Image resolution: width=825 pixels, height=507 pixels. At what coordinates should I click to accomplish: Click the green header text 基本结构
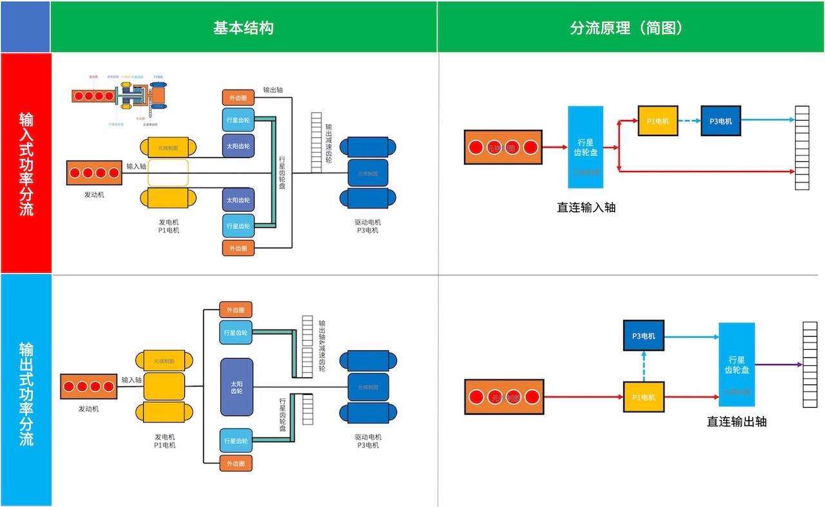pyautogui.click(x=243, y=28)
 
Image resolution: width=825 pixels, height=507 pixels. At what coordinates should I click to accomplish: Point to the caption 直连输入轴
pyautogui.click(x=586, y=208)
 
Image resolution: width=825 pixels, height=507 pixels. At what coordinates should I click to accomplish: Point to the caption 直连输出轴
pyautogui.click(x=737, y=422)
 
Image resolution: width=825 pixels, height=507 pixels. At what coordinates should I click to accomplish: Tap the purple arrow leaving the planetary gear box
pyautogui.click(x=778, y=364)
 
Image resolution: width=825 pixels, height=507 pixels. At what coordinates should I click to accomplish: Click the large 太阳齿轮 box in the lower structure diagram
pyautogui.click(x=237, y=387)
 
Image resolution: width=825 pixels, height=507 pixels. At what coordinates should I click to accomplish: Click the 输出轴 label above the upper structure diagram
pyautogui.click(x=273, y=90)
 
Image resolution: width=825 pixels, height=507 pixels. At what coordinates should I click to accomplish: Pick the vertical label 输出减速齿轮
pyautogui.click(x=329, y=143)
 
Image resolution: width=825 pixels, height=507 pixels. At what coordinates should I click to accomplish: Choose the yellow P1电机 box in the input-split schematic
pyautogui.click(x=657, y=121)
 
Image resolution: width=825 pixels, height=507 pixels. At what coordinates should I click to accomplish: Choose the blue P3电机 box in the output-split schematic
pyautogui.click(x=643, y=335)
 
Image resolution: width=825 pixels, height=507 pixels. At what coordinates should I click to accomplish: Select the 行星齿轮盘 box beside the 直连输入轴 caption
pyautogui.click(x=585, y=147)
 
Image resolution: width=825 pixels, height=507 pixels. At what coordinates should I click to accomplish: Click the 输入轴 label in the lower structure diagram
pyautogui.click(x=131, y=380)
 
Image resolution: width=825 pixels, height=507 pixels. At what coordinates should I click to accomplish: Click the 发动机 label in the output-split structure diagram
pyautogui.click(x=89, y=409)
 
